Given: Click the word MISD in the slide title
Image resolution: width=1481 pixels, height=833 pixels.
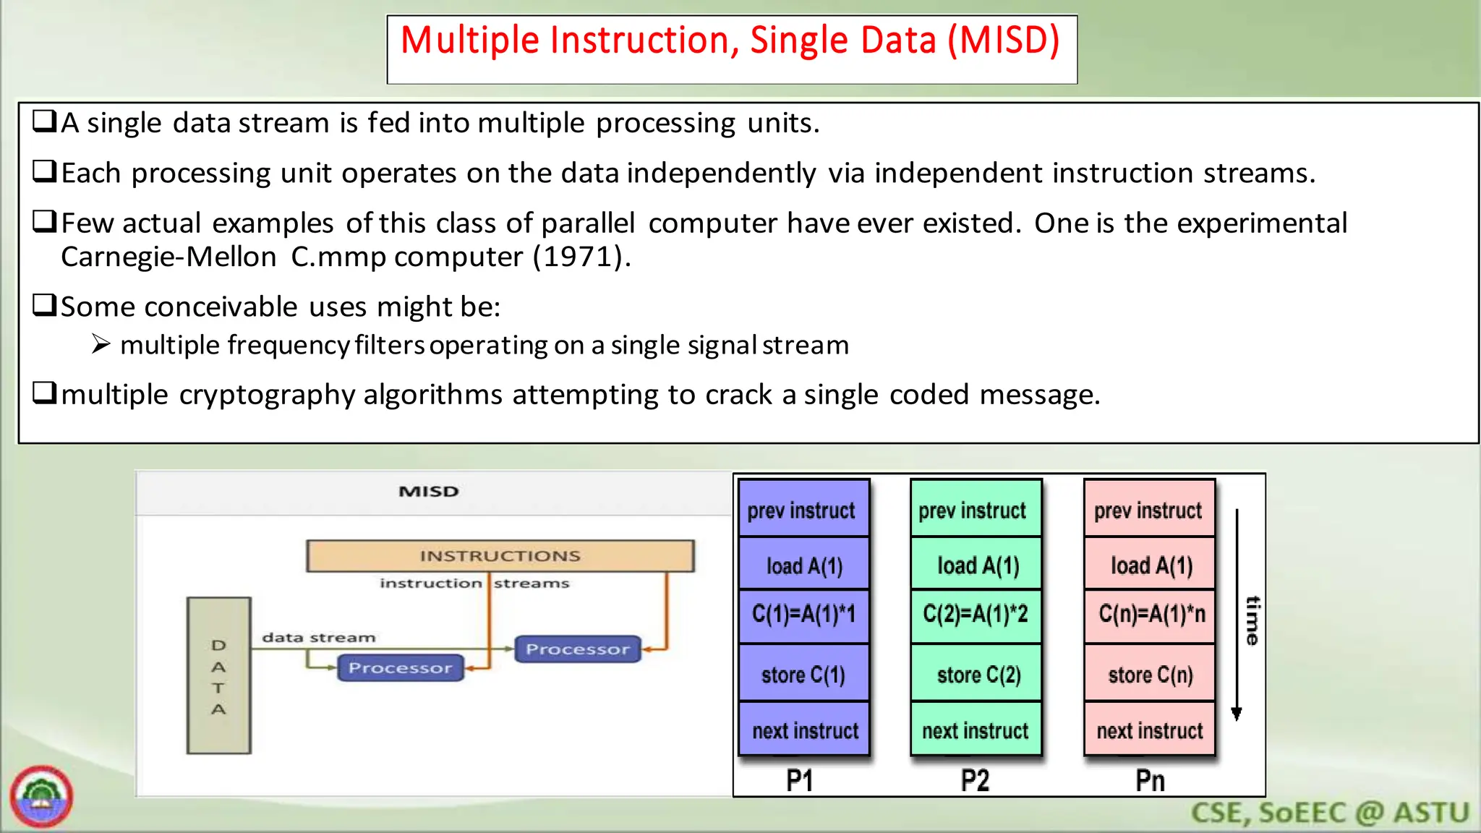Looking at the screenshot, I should (1004, 40).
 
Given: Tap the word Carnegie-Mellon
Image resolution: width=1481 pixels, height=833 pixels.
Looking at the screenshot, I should (168, 257).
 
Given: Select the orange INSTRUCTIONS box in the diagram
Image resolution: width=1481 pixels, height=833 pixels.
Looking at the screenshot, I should (500, 556).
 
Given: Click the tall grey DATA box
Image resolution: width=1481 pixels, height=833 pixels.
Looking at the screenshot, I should (218, 675).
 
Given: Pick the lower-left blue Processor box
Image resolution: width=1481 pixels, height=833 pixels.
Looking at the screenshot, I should (400, 668).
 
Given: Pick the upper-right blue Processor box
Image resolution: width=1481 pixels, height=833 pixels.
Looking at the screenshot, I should (577, 649).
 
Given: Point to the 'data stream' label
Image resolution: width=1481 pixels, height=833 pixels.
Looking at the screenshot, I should (319, 638).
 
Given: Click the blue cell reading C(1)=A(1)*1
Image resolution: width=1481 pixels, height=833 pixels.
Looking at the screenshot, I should (803, 615).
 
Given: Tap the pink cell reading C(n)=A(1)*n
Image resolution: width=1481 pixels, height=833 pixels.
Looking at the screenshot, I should (1151, 615).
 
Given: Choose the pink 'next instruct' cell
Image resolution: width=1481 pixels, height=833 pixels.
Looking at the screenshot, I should (1149, 730).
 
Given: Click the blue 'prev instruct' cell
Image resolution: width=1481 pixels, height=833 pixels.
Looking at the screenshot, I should (802, 511).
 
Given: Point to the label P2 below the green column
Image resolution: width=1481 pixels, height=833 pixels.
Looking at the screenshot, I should (975, 781).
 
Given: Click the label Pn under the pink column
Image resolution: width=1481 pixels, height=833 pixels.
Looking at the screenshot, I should (1150, 781).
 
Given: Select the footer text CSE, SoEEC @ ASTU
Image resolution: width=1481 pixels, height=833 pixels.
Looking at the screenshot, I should (1330, 813).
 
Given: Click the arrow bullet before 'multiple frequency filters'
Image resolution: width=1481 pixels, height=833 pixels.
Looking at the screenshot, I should (101, 345).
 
